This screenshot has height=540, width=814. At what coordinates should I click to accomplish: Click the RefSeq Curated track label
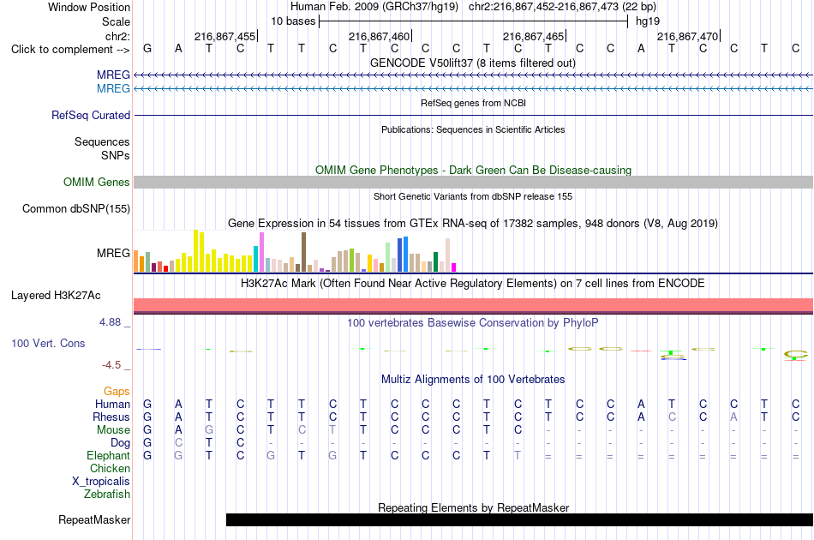click(x=91, y=115)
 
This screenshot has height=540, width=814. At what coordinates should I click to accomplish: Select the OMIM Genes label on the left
click(x=97, y=183)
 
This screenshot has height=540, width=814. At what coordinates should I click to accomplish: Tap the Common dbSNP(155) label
click(x=76, y=209)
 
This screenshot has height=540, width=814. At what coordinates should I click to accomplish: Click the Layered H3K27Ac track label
click(x=56, y=296)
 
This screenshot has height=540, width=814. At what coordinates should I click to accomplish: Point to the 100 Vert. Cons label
click(x=48, y=343)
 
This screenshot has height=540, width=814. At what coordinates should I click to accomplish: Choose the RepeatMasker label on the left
click(x=94, y=519)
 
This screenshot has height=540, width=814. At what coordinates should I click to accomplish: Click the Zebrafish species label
click(x=107, y=495)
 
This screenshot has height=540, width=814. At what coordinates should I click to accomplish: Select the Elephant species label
click(x=109, y=455)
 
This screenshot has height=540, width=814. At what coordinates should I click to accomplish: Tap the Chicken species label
click(x=110, y=468)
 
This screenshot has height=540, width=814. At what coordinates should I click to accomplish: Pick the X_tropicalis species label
click(x=101, y=482)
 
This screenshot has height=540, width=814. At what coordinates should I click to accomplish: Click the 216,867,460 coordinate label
click(x=380, y=36)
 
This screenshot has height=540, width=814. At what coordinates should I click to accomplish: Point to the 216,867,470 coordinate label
click(x=688, y=36)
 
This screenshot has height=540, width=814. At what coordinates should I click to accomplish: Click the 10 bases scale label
click(x=293, y=21)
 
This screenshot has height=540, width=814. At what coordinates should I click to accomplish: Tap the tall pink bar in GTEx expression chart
click(x=261, y=252)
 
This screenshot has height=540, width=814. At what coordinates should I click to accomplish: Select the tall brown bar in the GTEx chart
click(x=303, y=252)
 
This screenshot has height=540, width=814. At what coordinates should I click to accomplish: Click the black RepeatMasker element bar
click(x=519, y=519)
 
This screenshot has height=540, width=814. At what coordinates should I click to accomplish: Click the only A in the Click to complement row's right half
click(x=641, y=49)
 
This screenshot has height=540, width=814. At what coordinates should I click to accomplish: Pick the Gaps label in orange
click(x=117, y=391)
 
